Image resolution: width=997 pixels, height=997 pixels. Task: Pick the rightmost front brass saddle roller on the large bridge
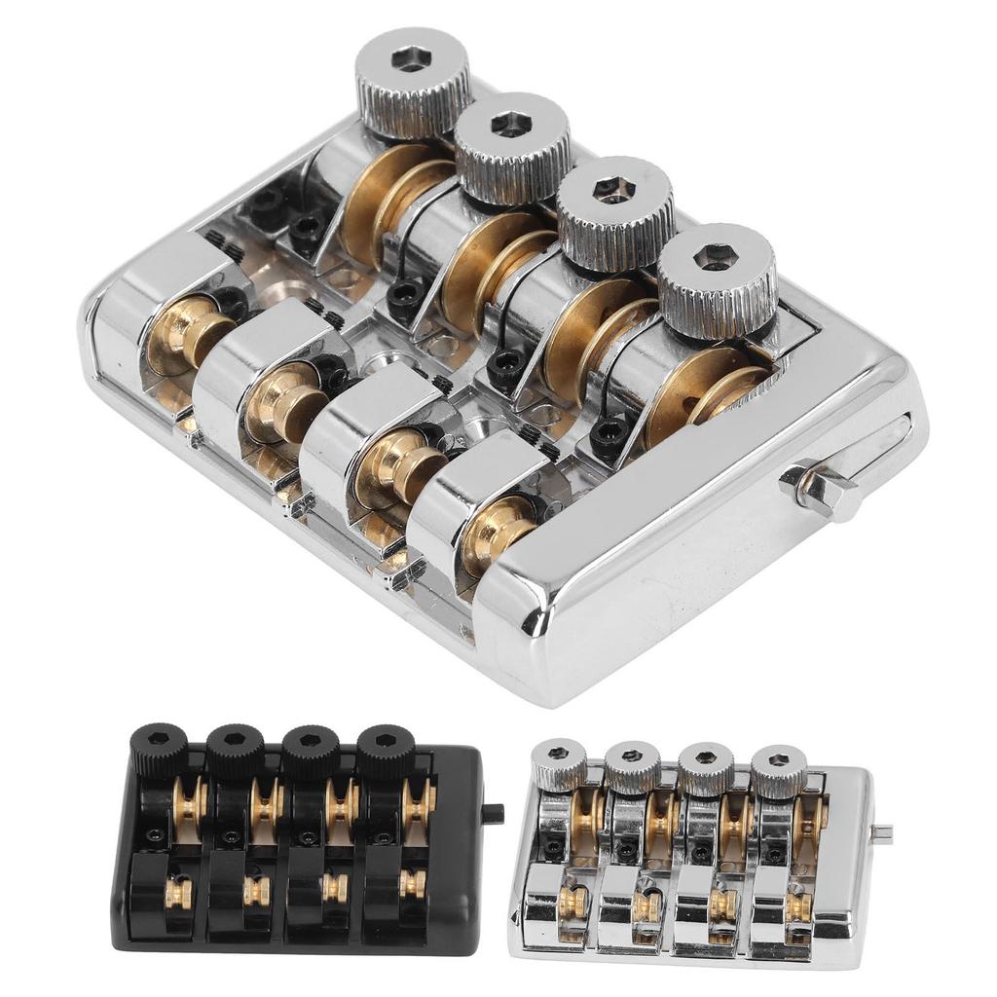tap(497, 531)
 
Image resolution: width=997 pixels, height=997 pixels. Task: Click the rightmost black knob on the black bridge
tap(386, 751)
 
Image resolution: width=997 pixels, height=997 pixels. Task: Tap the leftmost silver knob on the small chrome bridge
tap(559, 765)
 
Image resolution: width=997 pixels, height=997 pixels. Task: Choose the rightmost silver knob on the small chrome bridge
tap(779, 769)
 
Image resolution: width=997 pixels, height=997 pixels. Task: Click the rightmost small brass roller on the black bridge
tap(413, 884)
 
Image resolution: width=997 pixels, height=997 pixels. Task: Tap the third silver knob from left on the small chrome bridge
tap(706, 768)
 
